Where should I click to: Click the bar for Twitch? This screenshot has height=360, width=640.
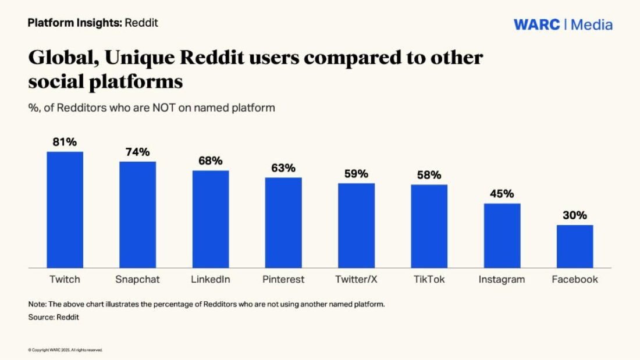(65, 209)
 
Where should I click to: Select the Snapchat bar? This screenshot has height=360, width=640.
(138, 214)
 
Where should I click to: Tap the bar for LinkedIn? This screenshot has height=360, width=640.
(211, 219)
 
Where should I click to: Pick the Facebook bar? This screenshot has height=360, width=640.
(575, 246)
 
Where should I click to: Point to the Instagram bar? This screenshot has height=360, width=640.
(502, 236)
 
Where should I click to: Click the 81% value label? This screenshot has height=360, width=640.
(65, 142)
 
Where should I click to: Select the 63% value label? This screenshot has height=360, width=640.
(283, 168)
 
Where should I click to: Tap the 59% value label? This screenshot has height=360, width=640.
(356, 173)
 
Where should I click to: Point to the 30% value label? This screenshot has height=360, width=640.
(575, 215)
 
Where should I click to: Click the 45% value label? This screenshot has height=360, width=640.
(502, 194)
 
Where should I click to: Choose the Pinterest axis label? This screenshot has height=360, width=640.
(283, 279)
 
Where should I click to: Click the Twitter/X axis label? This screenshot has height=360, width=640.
(356, 279)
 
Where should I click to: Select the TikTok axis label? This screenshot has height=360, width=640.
(429, 279)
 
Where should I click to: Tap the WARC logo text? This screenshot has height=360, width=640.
(536, 24)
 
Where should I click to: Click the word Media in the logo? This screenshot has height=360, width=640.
(591, 24)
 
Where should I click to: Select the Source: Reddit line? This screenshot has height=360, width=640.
(54, 317)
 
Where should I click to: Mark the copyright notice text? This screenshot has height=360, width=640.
(65, 350)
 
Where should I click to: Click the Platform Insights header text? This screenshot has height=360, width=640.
(74, 23)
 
